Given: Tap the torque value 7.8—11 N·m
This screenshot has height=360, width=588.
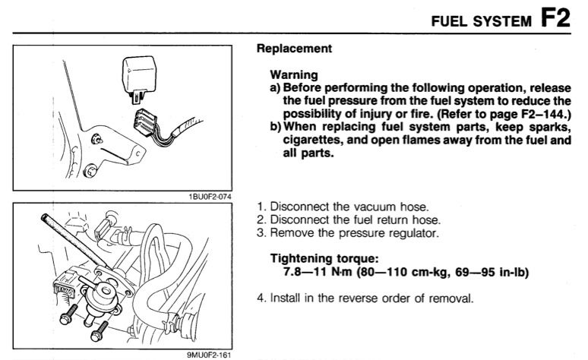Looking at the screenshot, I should click(x=314, y=270).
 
